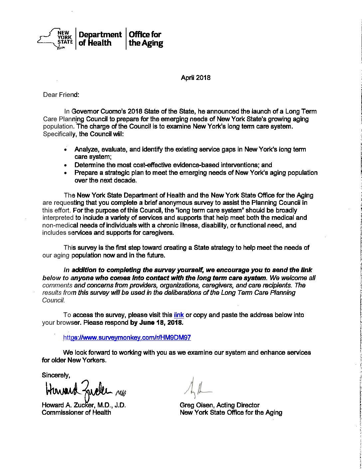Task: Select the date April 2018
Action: tap(195, 78)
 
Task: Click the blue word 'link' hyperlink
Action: tap(179, 315)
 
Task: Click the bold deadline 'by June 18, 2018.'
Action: tap(156, 323)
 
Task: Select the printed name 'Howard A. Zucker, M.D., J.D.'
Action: tap(84, 405)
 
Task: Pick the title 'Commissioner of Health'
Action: tap(76, 413)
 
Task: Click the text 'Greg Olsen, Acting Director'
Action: tap(219, 405)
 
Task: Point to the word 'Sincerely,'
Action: tap(56, 375)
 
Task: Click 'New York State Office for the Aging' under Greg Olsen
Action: tap(231, 413)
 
